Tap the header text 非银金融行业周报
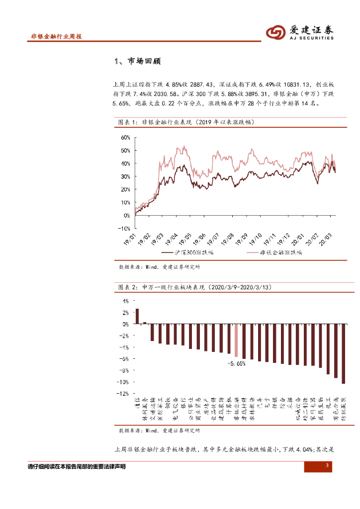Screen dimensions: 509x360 coord(56,37)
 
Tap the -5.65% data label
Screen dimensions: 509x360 coord(236,363)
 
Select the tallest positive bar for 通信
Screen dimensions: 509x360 coord(137,316)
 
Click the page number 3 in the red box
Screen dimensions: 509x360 coord(327,466)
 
